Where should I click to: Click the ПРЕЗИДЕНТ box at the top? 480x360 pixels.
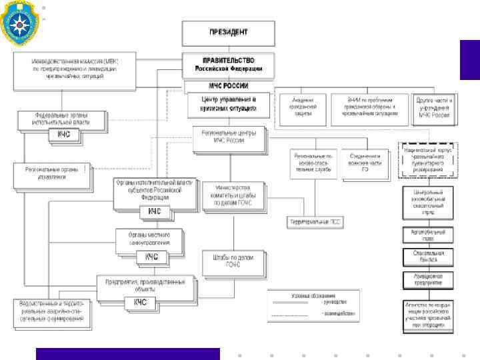pos(228,31)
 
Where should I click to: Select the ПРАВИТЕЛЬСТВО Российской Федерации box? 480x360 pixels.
pos(228,64)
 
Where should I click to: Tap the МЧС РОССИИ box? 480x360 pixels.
pos(228,86)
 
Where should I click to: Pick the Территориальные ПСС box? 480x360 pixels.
pos(316,222)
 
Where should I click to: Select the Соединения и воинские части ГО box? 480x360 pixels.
pos(365,164)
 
